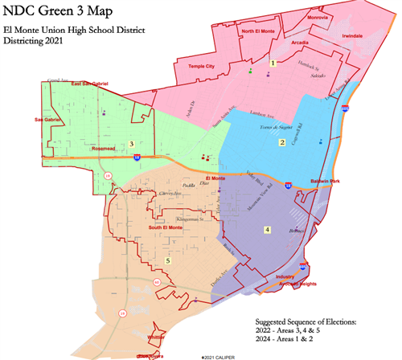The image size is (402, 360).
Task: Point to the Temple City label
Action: tap(201, 66)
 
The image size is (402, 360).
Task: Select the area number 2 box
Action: tap(281, 142)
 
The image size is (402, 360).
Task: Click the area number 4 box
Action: tap(268, 230)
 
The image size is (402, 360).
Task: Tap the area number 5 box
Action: tap(167, 260)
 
